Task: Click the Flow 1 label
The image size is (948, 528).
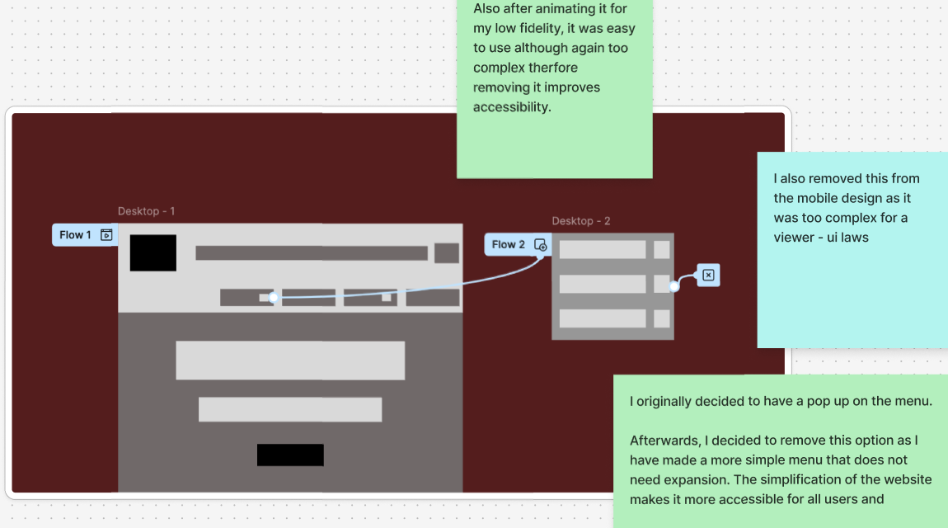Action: tap(75, 235)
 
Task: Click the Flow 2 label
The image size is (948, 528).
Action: tap(508, 244)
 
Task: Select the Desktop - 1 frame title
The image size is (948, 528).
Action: tap(146, 211)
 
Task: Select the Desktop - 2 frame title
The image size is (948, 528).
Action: tap(581, 221)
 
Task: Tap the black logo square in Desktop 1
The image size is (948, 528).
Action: tap(153, 252)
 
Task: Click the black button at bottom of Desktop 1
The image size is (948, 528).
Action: tap(290, 455)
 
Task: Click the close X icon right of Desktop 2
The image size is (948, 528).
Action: tap(708, 276)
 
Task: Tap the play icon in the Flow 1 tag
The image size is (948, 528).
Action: tap(106, 235)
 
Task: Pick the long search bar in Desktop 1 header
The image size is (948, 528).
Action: tap(312, 253)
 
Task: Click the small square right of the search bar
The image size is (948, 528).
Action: tap(447, 253)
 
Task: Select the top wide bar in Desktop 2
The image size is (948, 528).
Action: tap(603, 249)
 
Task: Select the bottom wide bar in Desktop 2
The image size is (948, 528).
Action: tap(603, 318)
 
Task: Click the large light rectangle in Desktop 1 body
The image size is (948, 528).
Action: tap(290, 361)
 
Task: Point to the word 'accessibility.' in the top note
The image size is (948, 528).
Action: tap(511, 107)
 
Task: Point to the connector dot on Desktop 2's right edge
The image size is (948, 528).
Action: tap(674, 286)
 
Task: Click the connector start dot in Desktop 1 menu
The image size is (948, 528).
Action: tap(274, 297)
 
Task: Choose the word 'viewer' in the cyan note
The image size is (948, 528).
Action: tap(794, 238)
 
